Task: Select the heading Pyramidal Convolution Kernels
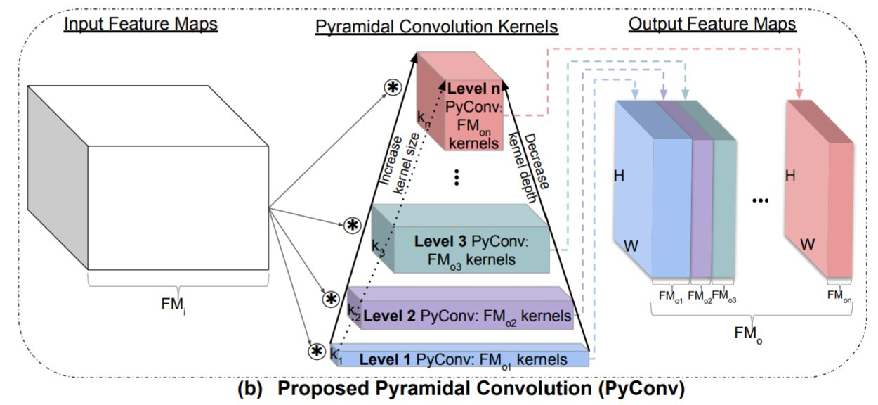[x=436, y=27]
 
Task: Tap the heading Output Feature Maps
[x=712, y=25]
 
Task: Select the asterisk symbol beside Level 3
[x=352, y=225]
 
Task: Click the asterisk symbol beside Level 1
[x=317, y=351]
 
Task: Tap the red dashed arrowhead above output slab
[x=799, y=93]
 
